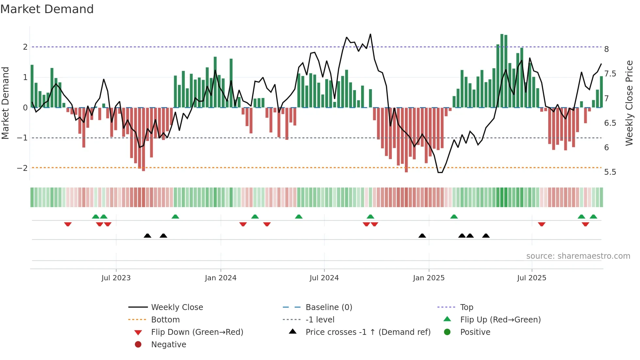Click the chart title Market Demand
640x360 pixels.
click(47, 9)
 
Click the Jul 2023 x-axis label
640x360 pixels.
click(116, 278)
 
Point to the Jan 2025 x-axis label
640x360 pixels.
click(429, 278)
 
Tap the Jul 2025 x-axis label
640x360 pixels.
click(532, 278)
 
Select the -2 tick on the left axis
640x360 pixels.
click(23, 168)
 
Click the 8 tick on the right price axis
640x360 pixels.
click(606, 49)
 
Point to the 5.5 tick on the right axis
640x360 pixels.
click(610, 172)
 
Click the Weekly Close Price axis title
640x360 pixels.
click(629, 103)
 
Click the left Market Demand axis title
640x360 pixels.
click(6, 103)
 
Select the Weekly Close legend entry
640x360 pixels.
click(177, 307)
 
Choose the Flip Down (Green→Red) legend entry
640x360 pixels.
click(197, 332)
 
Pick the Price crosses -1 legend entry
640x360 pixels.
click(368, 332)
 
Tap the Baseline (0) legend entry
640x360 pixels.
click(328, 307)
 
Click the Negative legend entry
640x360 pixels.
click(168, 345)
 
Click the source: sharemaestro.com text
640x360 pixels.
click(578, 256)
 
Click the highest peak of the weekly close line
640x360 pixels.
click(370, 34)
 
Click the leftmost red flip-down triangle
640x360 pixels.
click(68, 224)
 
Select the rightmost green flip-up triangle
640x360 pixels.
click(593, 217)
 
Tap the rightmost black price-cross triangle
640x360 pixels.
click(486, 236)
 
